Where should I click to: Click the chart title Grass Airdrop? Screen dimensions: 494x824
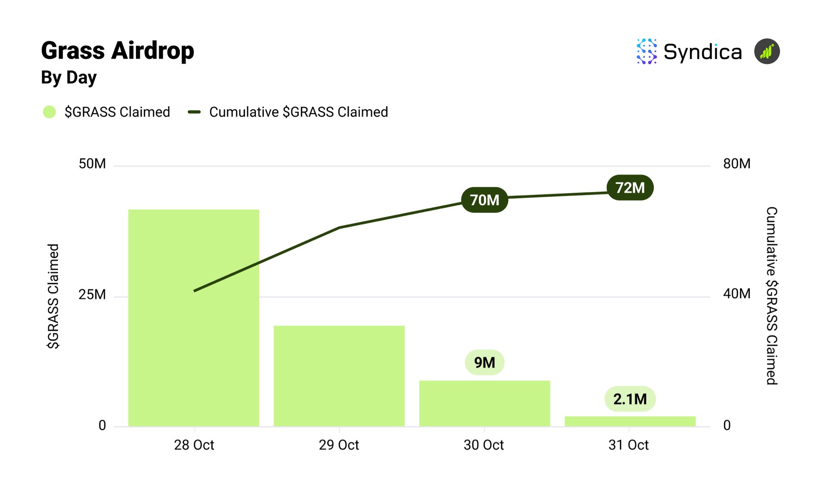tap(117, 51)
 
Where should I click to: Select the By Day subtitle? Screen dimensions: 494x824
tap(69, 77)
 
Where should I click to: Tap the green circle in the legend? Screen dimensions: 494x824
tap(49, 112)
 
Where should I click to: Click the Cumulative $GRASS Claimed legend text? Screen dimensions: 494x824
tap(299, 112)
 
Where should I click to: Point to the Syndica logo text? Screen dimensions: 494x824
tap(702, 52)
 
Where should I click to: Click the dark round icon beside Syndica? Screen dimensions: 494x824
tap(767, 51)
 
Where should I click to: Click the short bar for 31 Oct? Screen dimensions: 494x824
tap(630, 421)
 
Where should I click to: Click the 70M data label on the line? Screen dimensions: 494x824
tap(484, 200)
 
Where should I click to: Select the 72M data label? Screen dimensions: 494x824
tap(630, 187)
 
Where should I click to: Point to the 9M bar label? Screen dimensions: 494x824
tap(484, 362)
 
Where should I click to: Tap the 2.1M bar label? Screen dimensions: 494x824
tap(630, 399)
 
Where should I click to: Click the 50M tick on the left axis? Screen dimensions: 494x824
tap(92, 164)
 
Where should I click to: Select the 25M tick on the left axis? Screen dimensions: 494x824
tap(92, 294)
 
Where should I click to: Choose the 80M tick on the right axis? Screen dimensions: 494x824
tap(736, 164)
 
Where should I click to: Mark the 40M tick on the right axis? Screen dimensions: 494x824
tap(736, 294)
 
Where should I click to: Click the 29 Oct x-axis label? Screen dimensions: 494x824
tap(339, 445)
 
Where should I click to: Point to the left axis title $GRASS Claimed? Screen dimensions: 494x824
tap(53, 296)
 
